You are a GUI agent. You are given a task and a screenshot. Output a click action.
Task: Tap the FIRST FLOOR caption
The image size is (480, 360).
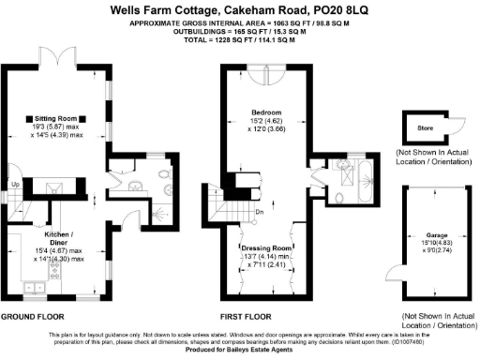pyautogui.click(x=246, y=317)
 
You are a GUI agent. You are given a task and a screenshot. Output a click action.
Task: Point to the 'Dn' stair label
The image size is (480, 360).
pyautogui.click(x=260, y=213)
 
